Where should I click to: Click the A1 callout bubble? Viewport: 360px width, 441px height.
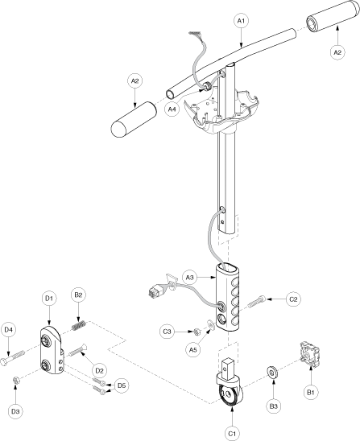242,21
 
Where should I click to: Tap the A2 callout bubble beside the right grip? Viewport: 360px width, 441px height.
337,52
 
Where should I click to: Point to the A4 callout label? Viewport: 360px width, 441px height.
172,109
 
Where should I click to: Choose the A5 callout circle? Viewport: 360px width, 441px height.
192,349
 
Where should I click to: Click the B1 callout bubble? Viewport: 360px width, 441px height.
310,392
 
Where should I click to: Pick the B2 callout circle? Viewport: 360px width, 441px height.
78,295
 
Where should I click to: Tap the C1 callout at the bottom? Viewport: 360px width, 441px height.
232,434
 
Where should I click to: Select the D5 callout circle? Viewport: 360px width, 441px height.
122,385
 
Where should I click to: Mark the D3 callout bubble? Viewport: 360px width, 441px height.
15,411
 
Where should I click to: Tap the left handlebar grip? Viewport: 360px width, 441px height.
134,120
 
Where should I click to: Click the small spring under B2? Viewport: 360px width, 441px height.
79,326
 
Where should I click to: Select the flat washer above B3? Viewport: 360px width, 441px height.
272,373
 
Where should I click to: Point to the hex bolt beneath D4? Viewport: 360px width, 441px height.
13,358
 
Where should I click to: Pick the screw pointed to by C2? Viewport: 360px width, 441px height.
256,302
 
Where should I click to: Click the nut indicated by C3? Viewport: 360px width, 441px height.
197,332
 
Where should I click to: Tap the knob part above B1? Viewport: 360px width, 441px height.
309,353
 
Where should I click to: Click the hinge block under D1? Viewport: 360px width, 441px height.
52,350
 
